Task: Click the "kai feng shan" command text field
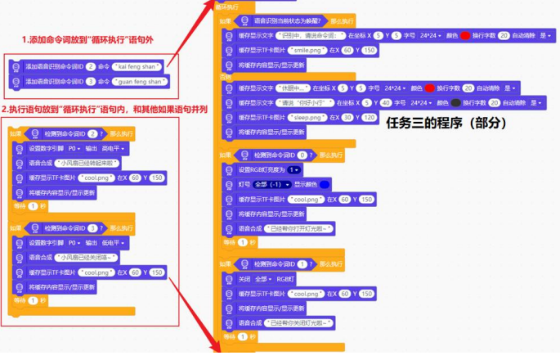(140, 65)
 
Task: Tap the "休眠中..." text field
(297, 88)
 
